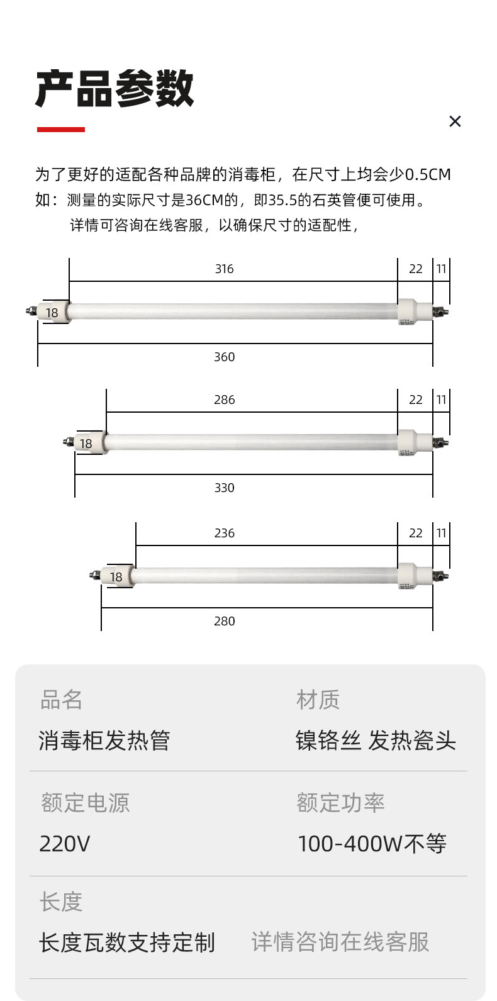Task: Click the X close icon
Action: pyautogui.click(x=455, y=121)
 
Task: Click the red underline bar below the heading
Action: pyautogui.click(x=60, y=130)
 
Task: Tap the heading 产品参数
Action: pyautogui.click(x=114, y=89)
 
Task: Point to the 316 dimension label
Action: pyautogui.click(x=224, y=269)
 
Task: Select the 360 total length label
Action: pyautogui.click(x=224, y=357)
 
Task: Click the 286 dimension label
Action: pyautogui.click(x=224, y=400)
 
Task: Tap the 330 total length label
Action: pyautogui.click(x=224, y=488)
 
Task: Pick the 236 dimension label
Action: pyautogui.click(x=224, y=534)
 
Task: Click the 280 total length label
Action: pyautogui.click(x=224, y=622)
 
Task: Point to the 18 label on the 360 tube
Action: pyautogui.click(x=52, y=313)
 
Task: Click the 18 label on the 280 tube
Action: pyautogui.click(x=116, y=577)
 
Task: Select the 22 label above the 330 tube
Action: pyautogui.click(x=415, y=400)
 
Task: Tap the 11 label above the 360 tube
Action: pyautogui.click(x=441, y=269)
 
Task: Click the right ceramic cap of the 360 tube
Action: pyautogui.click(x=408, y=311)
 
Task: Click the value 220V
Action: pyautogui.click(x=65, y=844)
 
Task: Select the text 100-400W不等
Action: pyautogui.click(x=372, y=844)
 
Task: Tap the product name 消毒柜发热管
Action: pyautogui.click(x=104, y=741)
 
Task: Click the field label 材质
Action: pyautogui.click(x=318, y=700)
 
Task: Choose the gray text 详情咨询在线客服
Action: pyautogui.click(x=340, y=942)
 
